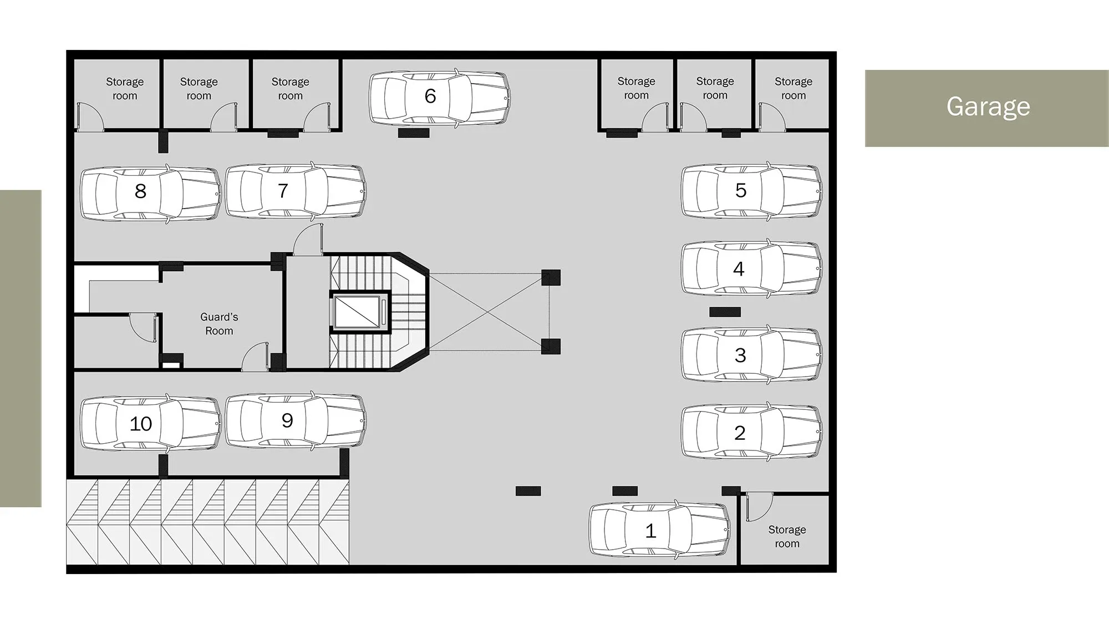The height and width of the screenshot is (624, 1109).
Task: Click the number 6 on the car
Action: pyautogui.click(x=430, y=96)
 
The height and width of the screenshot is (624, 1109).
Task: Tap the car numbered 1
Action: pyautogui.click(x=659, y=530)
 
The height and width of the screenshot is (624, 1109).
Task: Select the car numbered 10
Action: pyautogui.click(x=151, y=423)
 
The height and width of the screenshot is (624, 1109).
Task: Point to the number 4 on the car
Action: pyautogui.click(x=739, y=269)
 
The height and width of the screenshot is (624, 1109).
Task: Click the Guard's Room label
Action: pyautogui.click(x=219, y=324)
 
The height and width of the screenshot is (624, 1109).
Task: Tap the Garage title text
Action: pyautogui.click(x=988, y=106)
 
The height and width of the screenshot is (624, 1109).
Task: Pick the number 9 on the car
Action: pyautogui.click(x=287, y=420)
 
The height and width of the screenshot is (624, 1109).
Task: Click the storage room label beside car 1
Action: pyautogui.click(x=787, y=536)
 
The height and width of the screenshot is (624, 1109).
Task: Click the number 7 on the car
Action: pyautogui.click(x=283, y=191)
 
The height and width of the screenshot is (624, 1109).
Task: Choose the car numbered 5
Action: pyautogui.click(x=751, y=191)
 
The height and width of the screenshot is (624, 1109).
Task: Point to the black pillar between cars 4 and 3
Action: pyautogui.click(x=725, y=312)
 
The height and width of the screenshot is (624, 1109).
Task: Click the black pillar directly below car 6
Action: pyautogui.click(x=414, y=133)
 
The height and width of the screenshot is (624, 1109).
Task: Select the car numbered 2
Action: pyautogui.click(x=751, y=432)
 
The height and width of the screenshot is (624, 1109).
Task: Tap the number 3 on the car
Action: pyautogui.click(x=740, y=356)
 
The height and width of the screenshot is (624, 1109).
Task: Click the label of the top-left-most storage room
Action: pyautogui.click(x=125, y=89)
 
